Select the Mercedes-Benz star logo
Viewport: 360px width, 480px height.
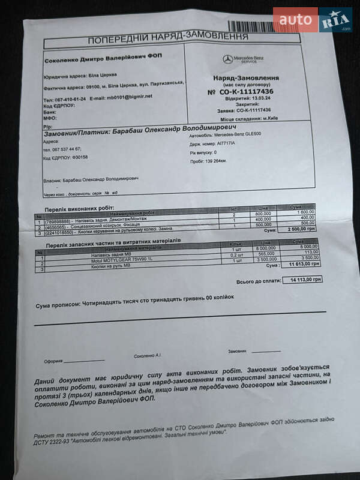pyautogui.click(x=227, y=59)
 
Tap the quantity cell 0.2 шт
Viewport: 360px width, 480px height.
pyautogui.click(x=235, y=254)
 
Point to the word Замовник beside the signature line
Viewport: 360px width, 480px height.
pyautogui.click(x=238, y=351)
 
